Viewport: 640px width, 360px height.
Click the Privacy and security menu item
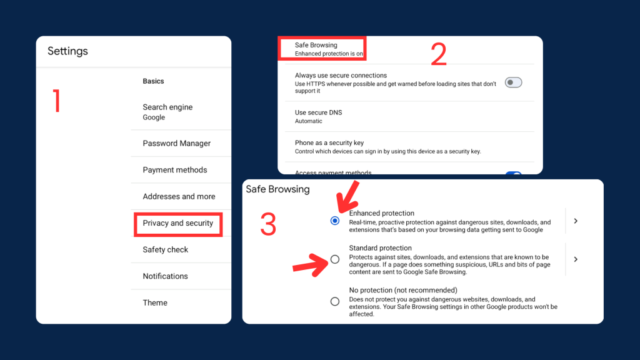[x=178, y=223]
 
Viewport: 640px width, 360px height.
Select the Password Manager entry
[x=177, y=143]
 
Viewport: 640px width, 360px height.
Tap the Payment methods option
[x=175, y=170]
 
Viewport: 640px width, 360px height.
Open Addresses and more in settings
[x=179, y=196]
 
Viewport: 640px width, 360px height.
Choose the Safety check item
[x=165, y=249]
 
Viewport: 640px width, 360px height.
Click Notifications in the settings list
[x=165, y=276]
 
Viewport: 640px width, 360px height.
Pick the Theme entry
[x=155, y=302]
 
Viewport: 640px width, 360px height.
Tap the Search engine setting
[x=167, y=107]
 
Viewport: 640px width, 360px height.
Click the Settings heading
[x=67, y=51]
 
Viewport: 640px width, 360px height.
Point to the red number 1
[x=57, y=101]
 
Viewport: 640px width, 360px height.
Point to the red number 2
[x=439, y=54]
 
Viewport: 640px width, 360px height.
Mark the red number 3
[x=268, y=224]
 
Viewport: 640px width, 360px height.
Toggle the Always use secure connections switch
[x=513, y=82]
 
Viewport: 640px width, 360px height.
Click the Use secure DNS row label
[x=318, y=112]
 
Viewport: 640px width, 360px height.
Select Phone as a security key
[x=329, y=143]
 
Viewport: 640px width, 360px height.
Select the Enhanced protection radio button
[x=335, y=221]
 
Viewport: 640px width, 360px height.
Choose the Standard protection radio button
[x=335, y=259]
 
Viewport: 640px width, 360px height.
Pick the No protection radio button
[x=335, y=302]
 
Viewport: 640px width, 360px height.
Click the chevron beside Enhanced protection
[x=576, y=221]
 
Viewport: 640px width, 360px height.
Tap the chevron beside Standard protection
[x=576, y=259]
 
